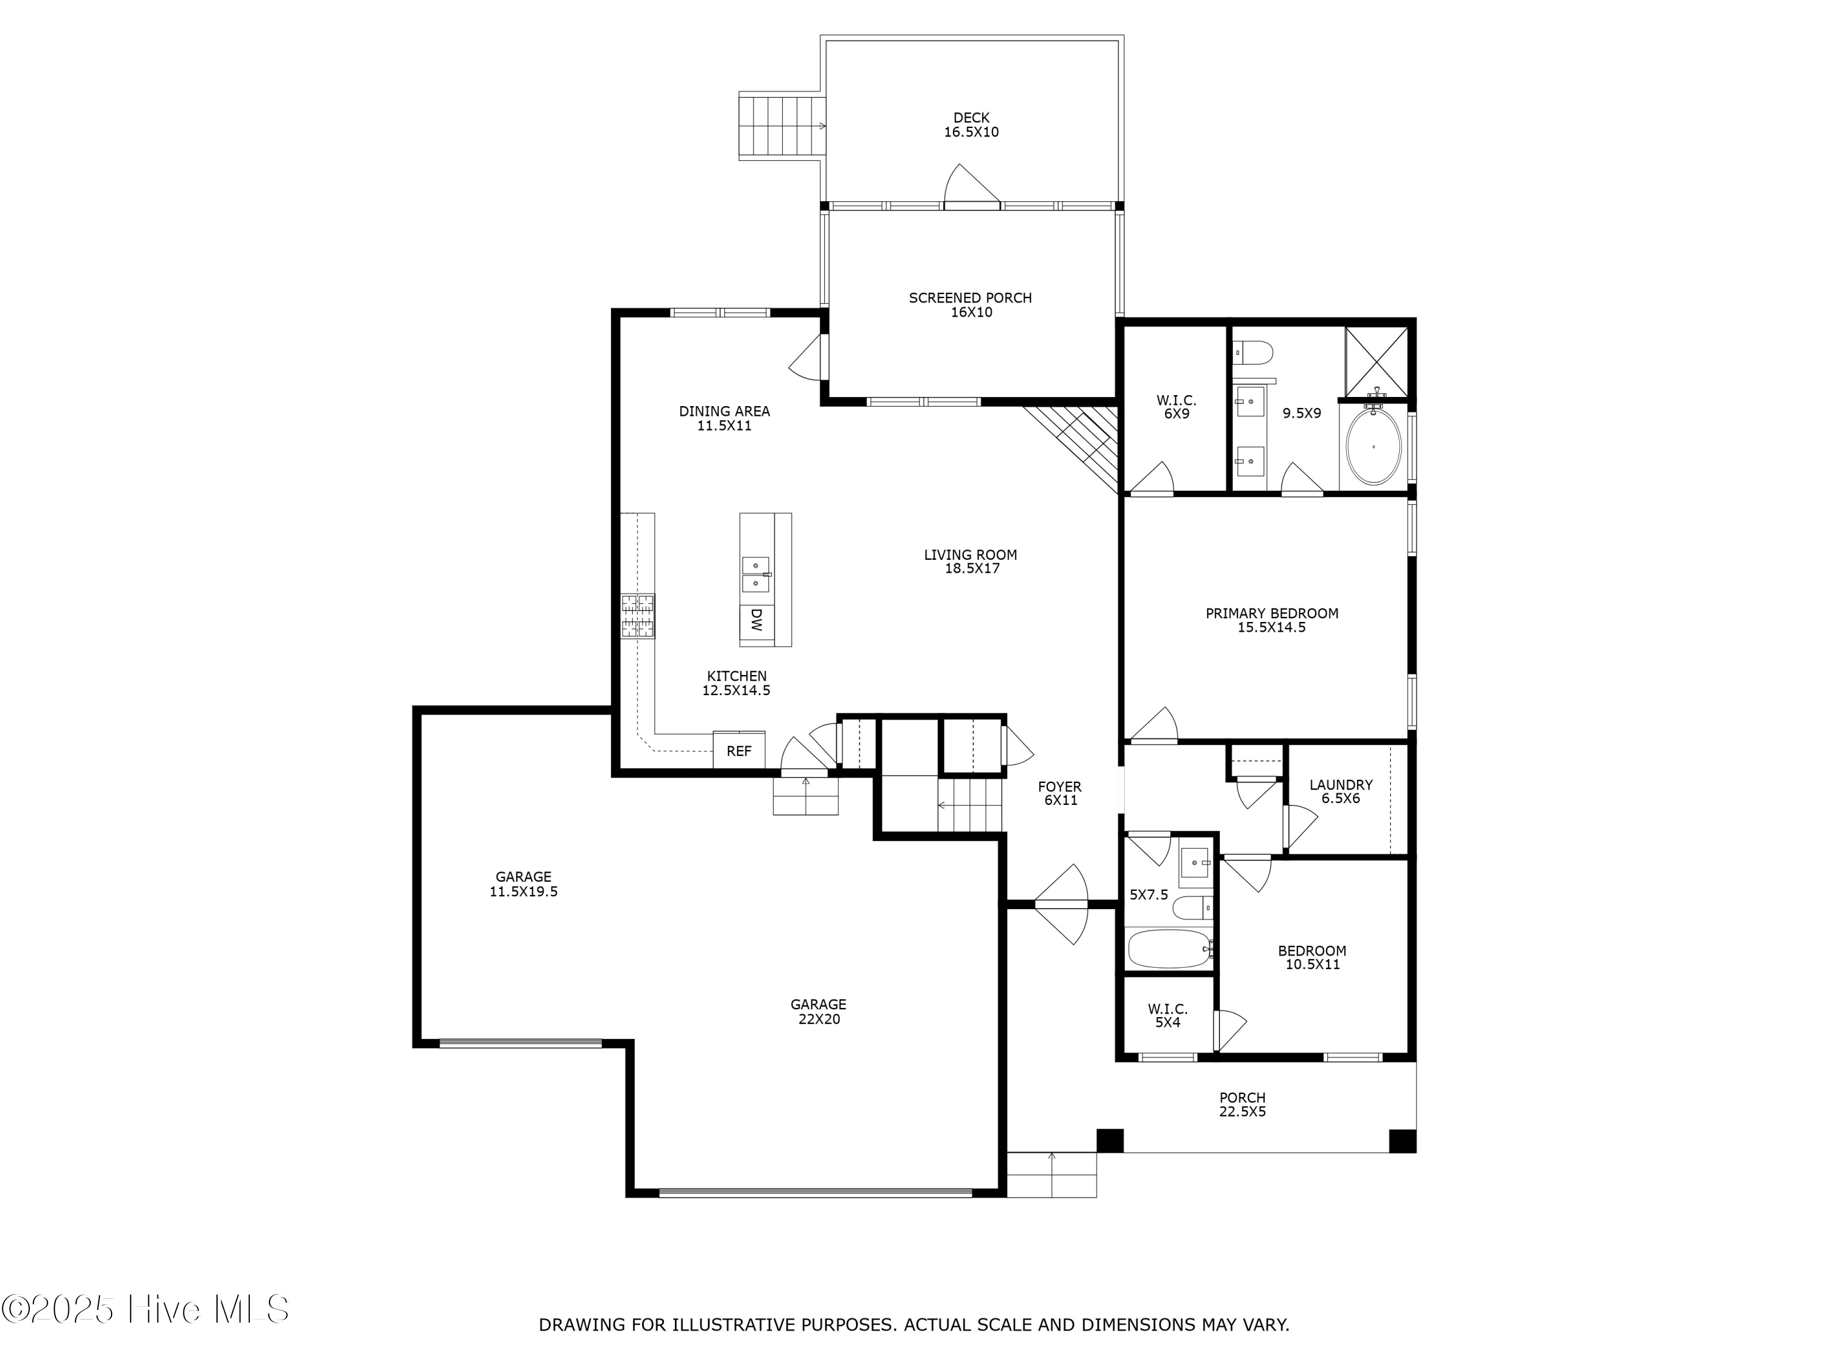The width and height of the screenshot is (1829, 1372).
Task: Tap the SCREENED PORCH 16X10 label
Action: click(x=970, y=304)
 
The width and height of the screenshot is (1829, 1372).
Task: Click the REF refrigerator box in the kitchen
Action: click(x=738, y=751)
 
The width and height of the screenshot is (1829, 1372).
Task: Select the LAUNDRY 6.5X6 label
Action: click(x=1340, y=791)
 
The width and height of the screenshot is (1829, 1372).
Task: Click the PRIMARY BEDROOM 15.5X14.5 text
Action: click(x=1271, y=620)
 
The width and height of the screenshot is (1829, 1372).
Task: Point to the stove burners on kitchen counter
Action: click(x=638, y=616)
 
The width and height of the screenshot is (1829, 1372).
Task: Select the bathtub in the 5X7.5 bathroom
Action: click(x=1168, y=949)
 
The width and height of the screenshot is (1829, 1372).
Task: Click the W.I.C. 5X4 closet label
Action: click(x=1167, y=1015)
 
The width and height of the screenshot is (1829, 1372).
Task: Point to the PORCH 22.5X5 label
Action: click(x=1241, y=1104)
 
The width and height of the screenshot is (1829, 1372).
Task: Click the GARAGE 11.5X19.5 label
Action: click(x=522, y=884)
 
